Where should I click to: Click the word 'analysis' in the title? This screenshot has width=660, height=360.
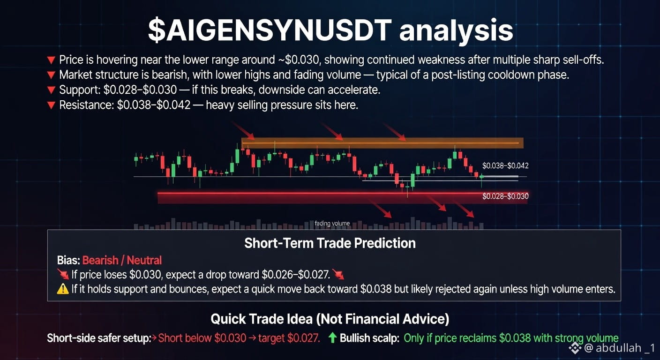coord(456,30)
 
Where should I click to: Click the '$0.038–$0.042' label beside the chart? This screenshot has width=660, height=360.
coord(505,165)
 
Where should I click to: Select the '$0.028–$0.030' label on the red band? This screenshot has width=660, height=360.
coord(505,196)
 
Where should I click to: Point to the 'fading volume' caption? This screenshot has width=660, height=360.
coord(332,223)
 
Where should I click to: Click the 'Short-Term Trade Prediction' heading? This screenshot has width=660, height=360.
coord(330,243)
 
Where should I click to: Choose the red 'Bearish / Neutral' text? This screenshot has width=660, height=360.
coord(122,261)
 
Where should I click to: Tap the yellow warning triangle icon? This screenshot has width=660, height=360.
coord(63,289)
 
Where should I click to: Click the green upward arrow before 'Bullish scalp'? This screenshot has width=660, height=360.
coord(332,337)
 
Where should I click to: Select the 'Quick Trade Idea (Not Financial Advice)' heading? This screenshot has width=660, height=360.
coord(330,319)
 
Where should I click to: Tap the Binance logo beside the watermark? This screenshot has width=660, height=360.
coord(575,348)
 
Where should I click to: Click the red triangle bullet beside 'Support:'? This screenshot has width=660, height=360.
coord(51,90)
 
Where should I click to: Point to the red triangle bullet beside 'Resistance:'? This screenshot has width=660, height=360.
coord(51,105)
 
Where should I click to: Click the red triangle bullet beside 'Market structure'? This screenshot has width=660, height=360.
coord(51,75)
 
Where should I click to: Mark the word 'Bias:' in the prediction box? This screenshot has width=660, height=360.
coord(68,261)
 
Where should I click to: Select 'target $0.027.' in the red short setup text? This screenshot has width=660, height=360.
coord(289,338)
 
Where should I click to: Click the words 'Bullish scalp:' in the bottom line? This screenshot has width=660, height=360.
coord(369,338)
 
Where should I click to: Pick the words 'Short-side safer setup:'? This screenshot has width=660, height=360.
coord(99,338)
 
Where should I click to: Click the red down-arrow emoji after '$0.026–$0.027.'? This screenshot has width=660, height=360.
coord(338,275)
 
